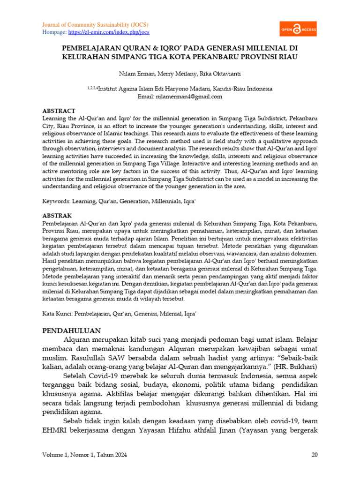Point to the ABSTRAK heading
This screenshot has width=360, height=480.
tap(57, 216)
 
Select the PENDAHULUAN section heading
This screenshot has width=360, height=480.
tap(71, 330)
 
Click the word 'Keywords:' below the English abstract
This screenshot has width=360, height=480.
tap(56, 201)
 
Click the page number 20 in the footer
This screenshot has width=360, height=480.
tap(314, 455)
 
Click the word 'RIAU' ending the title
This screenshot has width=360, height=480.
tap(287, 57)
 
